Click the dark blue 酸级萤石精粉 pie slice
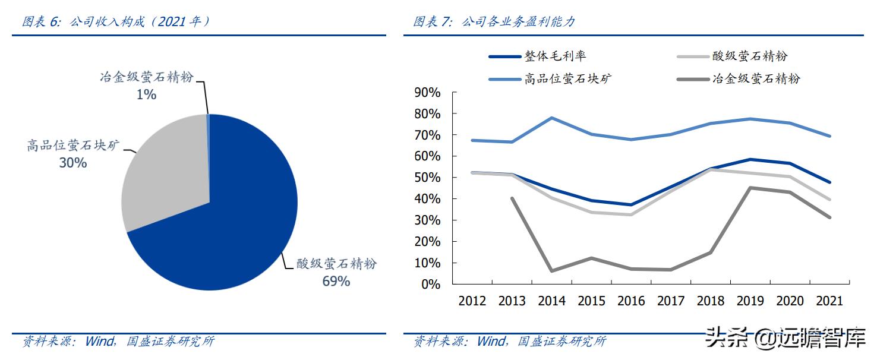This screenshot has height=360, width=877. pos(238,226)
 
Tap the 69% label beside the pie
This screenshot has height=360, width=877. pos(336,281)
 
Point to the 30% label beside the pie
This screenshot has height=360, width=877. pos(72,162)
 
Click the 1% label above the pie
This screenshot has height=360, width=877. pos(146,94)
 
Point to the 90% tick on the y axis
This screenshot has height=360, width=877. pos(427,93)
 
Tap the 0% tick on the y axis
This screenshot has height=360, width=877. pos(430,284)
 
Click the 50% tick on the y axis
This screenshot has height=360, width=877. pos(427,178)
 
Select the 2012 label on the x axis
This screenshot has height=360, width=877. pos(472,301)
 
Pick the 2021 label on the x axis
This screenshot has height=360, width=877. pos(829,301)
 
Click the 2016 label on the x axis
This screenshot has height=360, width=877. pos(631,301)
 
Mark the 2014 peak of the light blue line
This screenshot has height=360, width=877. pos(552,118)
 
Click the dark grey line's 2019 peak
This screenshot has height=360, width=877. pos(750,188)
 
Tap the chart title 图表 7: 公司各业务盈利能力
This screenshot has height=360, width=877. pos(494,22)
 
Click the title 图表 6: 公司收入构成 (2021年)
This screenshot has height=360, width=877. pos(116,22)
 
